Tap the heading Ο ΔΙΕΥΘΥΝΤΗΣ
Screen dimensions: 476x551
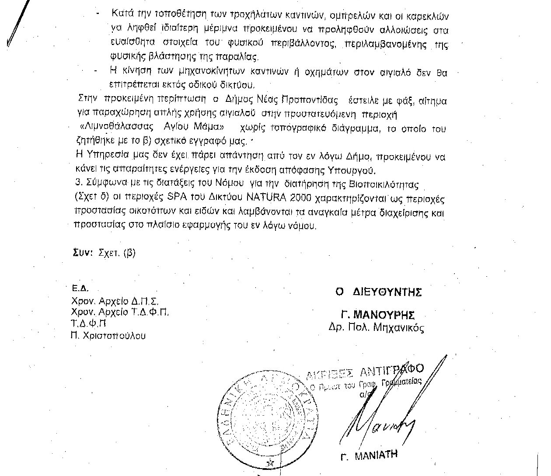click(378, 292)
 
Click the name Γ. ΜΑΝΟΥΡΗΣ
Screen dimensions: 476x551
click(378, 315)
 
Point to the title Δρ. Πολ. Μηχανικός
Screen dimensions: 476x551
click(376, 327)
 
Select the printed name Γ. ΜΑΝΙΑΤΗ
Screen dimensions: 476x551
click(369, 455)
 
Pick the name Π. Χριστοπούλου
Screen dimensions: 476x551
click(109, 336)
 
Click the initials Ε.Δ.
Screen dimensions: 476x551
click(80, 289)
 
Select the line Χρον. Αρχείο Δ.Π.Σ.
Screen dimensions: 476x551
click(115, 301)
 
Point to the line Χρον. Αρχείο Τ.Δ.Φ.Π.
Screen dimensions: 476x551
click(120, 312)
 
